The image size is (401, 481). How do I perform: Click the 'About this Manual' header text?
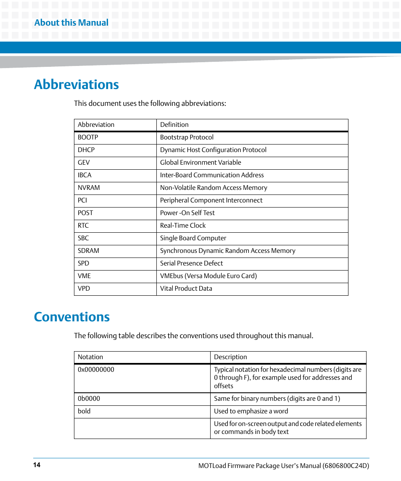[x=71, y=23]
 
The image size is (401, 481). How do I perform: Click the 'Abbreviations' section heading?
[x=77, y=84]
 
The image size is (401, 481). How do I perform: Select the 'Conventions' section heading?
[x=72, y=317]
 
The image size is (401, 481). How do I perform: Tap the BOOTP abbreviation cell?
[x=88, y=137]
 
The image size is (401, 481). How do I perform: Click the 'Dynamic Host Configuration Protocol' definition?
[x=213, y=150]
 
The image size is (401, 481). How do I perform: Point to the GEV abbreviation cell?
[x=84, y=163]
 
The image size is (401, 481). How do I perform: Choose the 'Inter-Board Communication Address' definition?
[x=212, y=175]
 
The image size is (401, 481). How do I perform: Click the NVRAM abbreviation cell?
[x=89, y=188]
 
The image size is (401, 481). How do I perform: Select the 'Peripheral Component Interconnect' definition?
[x=211, y=200]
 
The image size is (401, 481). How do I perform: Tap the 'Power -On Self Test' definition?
[x=187, y=213]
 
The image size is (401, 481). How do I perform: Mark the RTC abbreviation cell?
[x=83, y=226]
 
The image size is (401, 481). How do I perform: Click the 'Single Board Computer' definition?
[x=193, y=238]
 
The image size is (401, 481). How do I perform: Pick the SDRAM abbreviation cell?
[x=88, y=251]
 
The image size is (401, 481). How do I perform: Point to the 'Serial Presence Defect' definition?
[x=191, y=263]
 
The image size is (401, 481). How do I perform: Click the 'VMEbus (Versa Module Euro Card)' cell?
[x=208, y=276]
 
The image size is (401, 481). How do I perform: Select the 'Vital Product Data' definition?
[x=186, y=289]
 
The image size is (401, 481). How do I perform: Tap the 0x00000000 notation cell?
[x=96, y=370]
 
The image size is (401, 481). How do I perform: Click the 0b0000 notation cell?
[x=89, y=399]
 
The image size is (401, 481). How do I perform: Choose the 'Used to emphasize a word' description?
[x=251, y=411]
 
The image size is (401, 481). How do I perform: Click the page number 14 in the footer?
[x=37, y=465]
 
